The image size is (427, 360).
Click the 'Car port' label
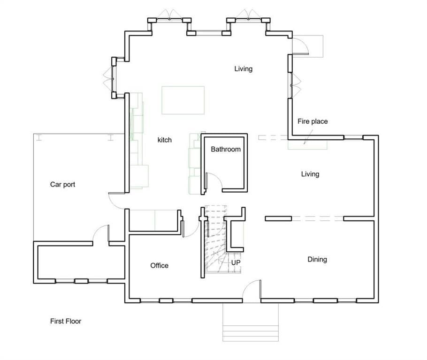(62, 185)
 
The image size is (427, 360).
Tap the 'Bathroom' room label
(225, 150)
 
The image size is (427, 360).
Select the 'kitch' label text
(164, 140)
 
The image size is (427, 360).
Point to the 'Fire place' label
(313, 121)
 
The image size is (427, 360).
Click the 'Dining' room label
(317, 260)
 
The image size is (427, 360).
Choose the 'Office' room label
(159, 266)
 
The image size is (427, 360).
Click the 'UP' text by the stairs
(236, 263)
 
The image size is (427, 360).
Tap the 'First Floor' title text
(66, 322)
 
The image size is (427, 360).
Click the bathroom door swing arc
(214, 180)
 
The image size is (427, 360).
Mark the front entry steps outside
(250, 328)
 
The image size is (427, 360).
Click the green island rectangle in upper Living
(183, 100)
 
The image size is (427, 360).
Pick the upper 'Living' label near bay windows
(243, 69)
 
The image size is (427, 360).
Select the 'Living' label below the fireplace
(310, 174)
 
